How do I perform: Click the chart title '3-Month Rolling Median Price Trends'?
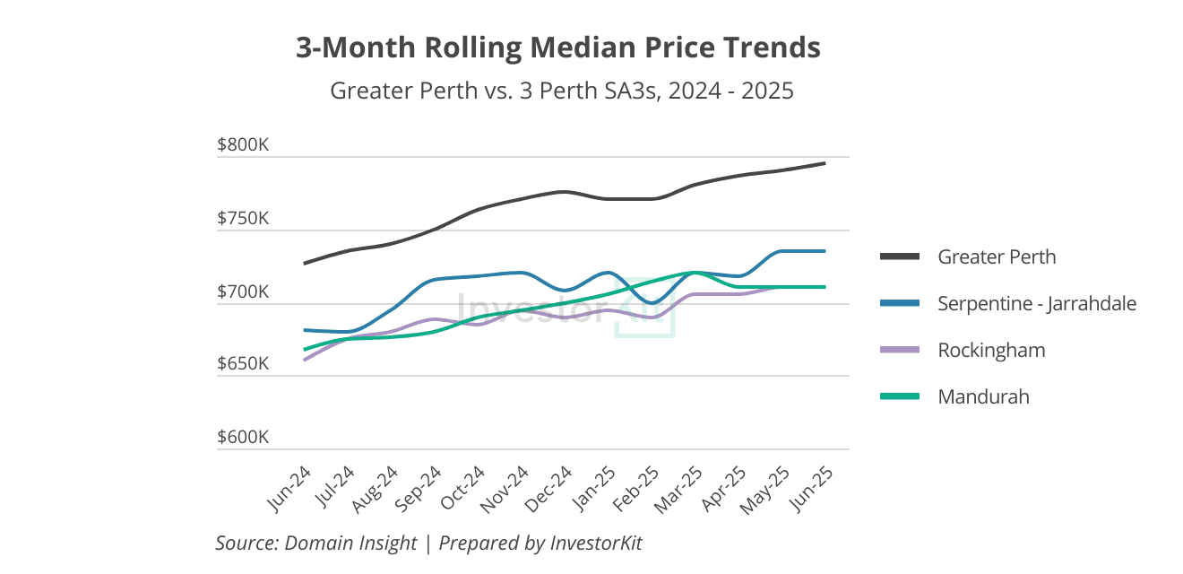pos(557,48)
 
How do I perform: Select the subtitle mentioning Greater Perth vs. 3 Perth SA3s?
pos(561,91)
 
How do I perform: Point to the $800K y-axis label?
pos(243,145)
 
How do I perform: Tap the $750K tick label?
pos(243,219)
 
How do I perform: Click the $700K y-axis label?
pos(243,292)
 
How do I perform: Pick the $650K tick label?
pos(243,365)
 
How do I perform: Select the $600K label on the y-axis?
pos(243,438)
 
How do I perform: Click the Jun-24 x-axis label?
pos(290,490)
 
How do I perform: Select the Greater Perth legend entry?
pos(997,257)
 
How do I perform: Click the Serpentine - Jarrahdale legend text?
pos(1037,303)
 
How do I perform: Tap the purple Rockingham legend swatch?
pos(900,350)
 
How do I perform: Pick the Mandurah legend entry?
pos(983,396)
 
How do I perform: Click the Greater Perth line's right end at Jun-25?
pos(824,163)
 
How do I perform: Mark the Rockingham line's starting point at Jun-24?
pos(305,360)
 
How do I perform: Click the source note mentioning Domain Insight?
pos(428,543)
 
